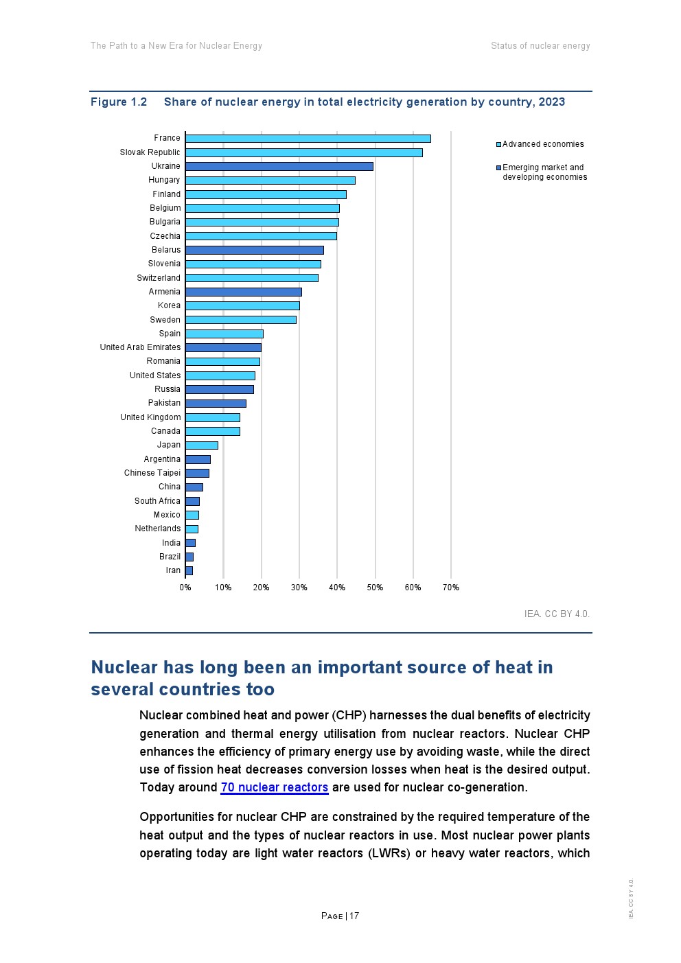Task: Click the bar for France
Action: [x=308, y=139]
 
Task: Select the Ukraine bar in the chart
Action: [x=279, y=166]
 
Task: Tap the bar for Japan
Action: [x=201, y=445]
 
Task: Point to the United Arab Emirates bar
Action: [x=223, y=347]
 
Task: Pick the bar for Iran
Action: [x=189, y=570]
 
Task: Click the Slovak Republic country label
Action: [x=150, y=152]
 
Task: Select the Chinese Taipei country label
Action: [x=152, y=473]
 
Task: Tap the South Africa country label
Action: [x=157, y=501]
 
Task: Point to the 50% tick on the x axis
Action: [x=375, y=588]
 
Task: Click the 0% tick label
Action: [x=185, y=588]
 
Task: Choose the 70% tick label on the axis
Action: [x=450, y=588]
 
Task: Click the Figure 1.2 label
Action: [x=119, y=102]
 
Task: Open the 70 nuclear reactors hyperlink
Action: [x=274, y=787]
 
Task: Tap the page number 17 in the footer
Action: [x=354, y=916]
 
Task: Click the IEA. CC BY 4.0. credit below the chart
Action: [x=556, y=614]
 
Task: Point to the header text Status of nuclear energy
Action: [x=540, y=46]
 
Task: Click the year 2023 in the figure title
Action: [x=551, y=102]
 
